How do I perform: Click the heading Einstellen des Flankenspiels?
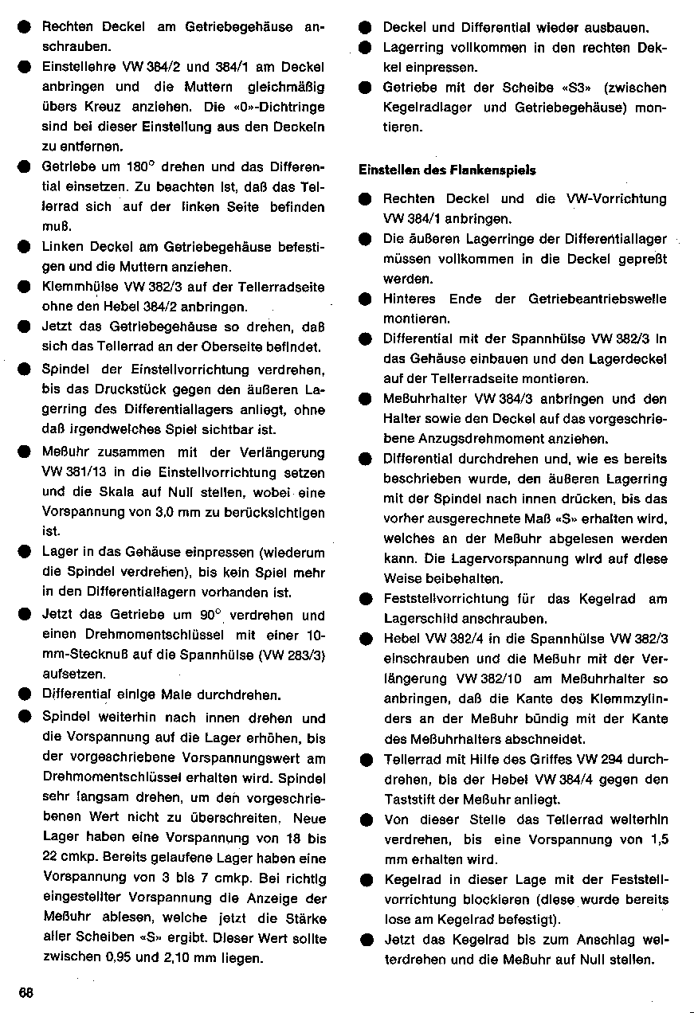(447, 170)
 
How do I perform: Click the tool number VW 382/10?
(489, 679)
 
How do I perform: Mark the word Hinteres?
(410, 299)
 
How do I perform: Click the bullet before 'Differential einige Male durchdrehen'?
(25, 694)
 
